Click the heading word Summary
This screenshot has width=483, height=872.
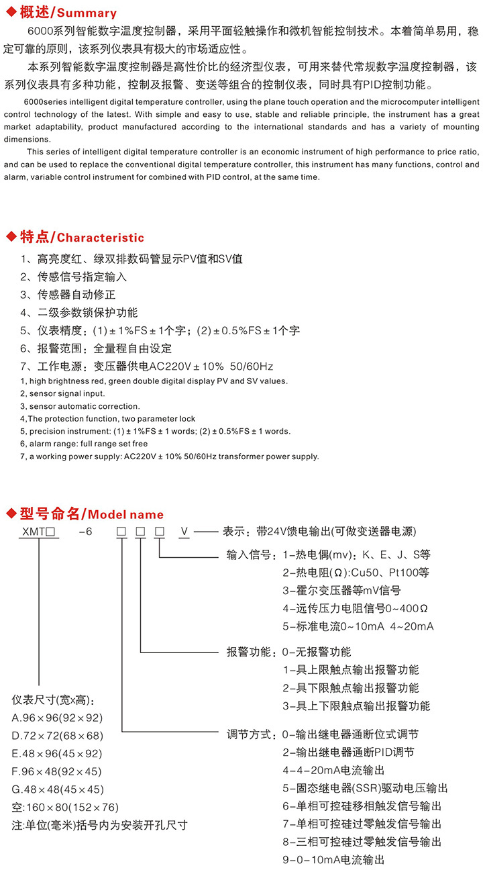(x=87, y=13)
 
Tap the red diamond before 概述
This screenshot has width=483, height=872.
(x=10, y=12)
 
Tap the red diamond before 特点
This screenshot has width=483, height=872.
(x=10, y=237)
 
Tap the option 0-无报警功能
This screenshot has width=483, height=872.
(x=317, y=652)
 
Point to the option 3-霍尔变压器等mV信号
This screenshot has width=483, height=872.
(x=341, y=591)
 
